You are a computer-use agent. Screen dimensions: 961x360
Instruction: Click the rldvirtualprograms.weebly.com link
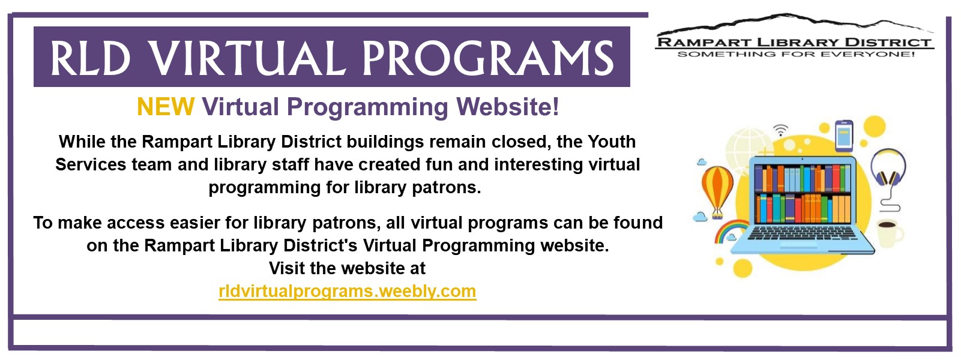[x=348, y=292]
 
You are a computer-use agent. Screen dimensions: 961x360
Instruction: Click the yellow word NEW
[x=166, y=107]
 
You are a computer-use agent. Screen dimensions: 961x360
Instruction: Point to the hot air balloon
[x=717, y=191]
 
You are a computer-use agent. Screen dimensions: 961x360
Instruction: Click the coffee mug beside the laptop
[x=890, y=233]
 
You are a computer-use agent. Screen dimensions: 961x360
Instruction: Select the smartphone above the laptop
[x=844, y=136]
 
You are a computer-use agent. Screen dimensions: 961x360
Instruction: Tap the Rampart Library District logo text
[x=794, y=43]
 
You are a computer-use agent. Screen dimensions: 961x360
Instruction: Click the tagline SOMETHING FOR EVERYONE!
[x=796, y=54]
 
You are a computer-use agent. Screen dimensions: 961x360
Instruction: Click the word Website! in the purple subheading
[x=508, y=107]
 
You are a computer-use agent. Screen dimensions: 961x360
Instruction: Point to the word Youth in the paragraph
[x=611, y=142]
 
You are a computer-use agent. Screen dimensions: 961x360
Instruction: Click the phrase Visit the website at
[x=348, y=268]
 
